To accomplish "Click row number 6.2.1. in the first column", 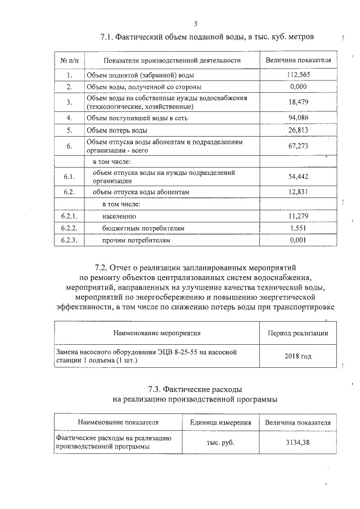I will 69,216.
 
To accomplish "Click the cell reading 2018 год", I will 298,356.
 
